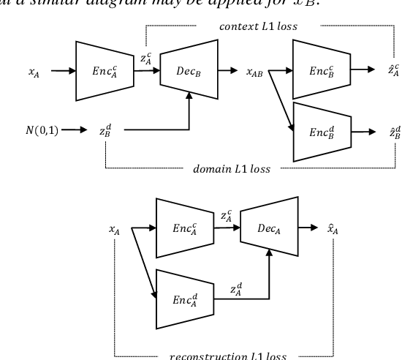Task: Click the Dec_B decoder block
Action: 190,71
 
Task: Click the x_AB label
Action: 254,72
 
